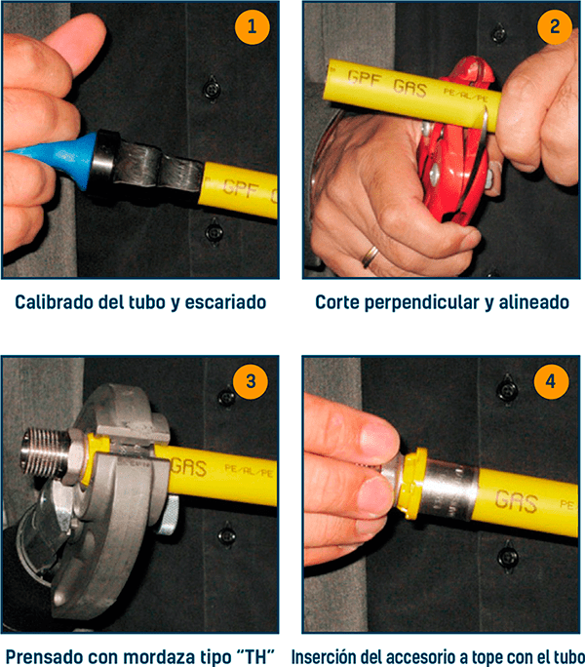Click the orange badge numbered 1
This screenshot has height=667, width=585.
coord(252,26)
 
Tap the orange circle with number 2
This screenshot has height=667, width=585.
coord(555,26)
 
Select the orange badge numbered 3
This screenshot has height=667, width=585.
coord(251,381)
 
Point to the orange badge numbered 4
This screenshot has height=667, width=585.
coord(552,381)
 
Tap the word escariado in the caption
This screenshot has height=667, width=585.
coord(225,302)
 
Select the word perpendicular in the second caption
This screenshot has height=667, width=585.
coord(422,302)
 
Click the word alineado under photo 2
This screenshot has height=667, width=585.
coord(534,302)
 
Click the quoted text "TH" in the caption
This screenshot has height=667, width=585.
coord(256,656)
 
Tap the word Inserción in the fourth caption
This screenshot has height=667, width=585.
coord(324,656)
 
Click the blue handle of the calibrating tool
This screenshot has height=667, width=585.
coord(56,157)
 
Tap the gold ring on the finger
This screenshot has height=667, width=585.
coord(370,256)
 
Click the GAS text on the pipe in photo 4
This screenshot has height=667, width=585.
coord(516,500)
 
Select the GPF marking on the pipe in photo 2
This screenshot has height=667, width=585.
coord(365,79)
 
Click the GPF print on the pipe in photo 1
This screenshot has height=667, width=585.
coord(241,188)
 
